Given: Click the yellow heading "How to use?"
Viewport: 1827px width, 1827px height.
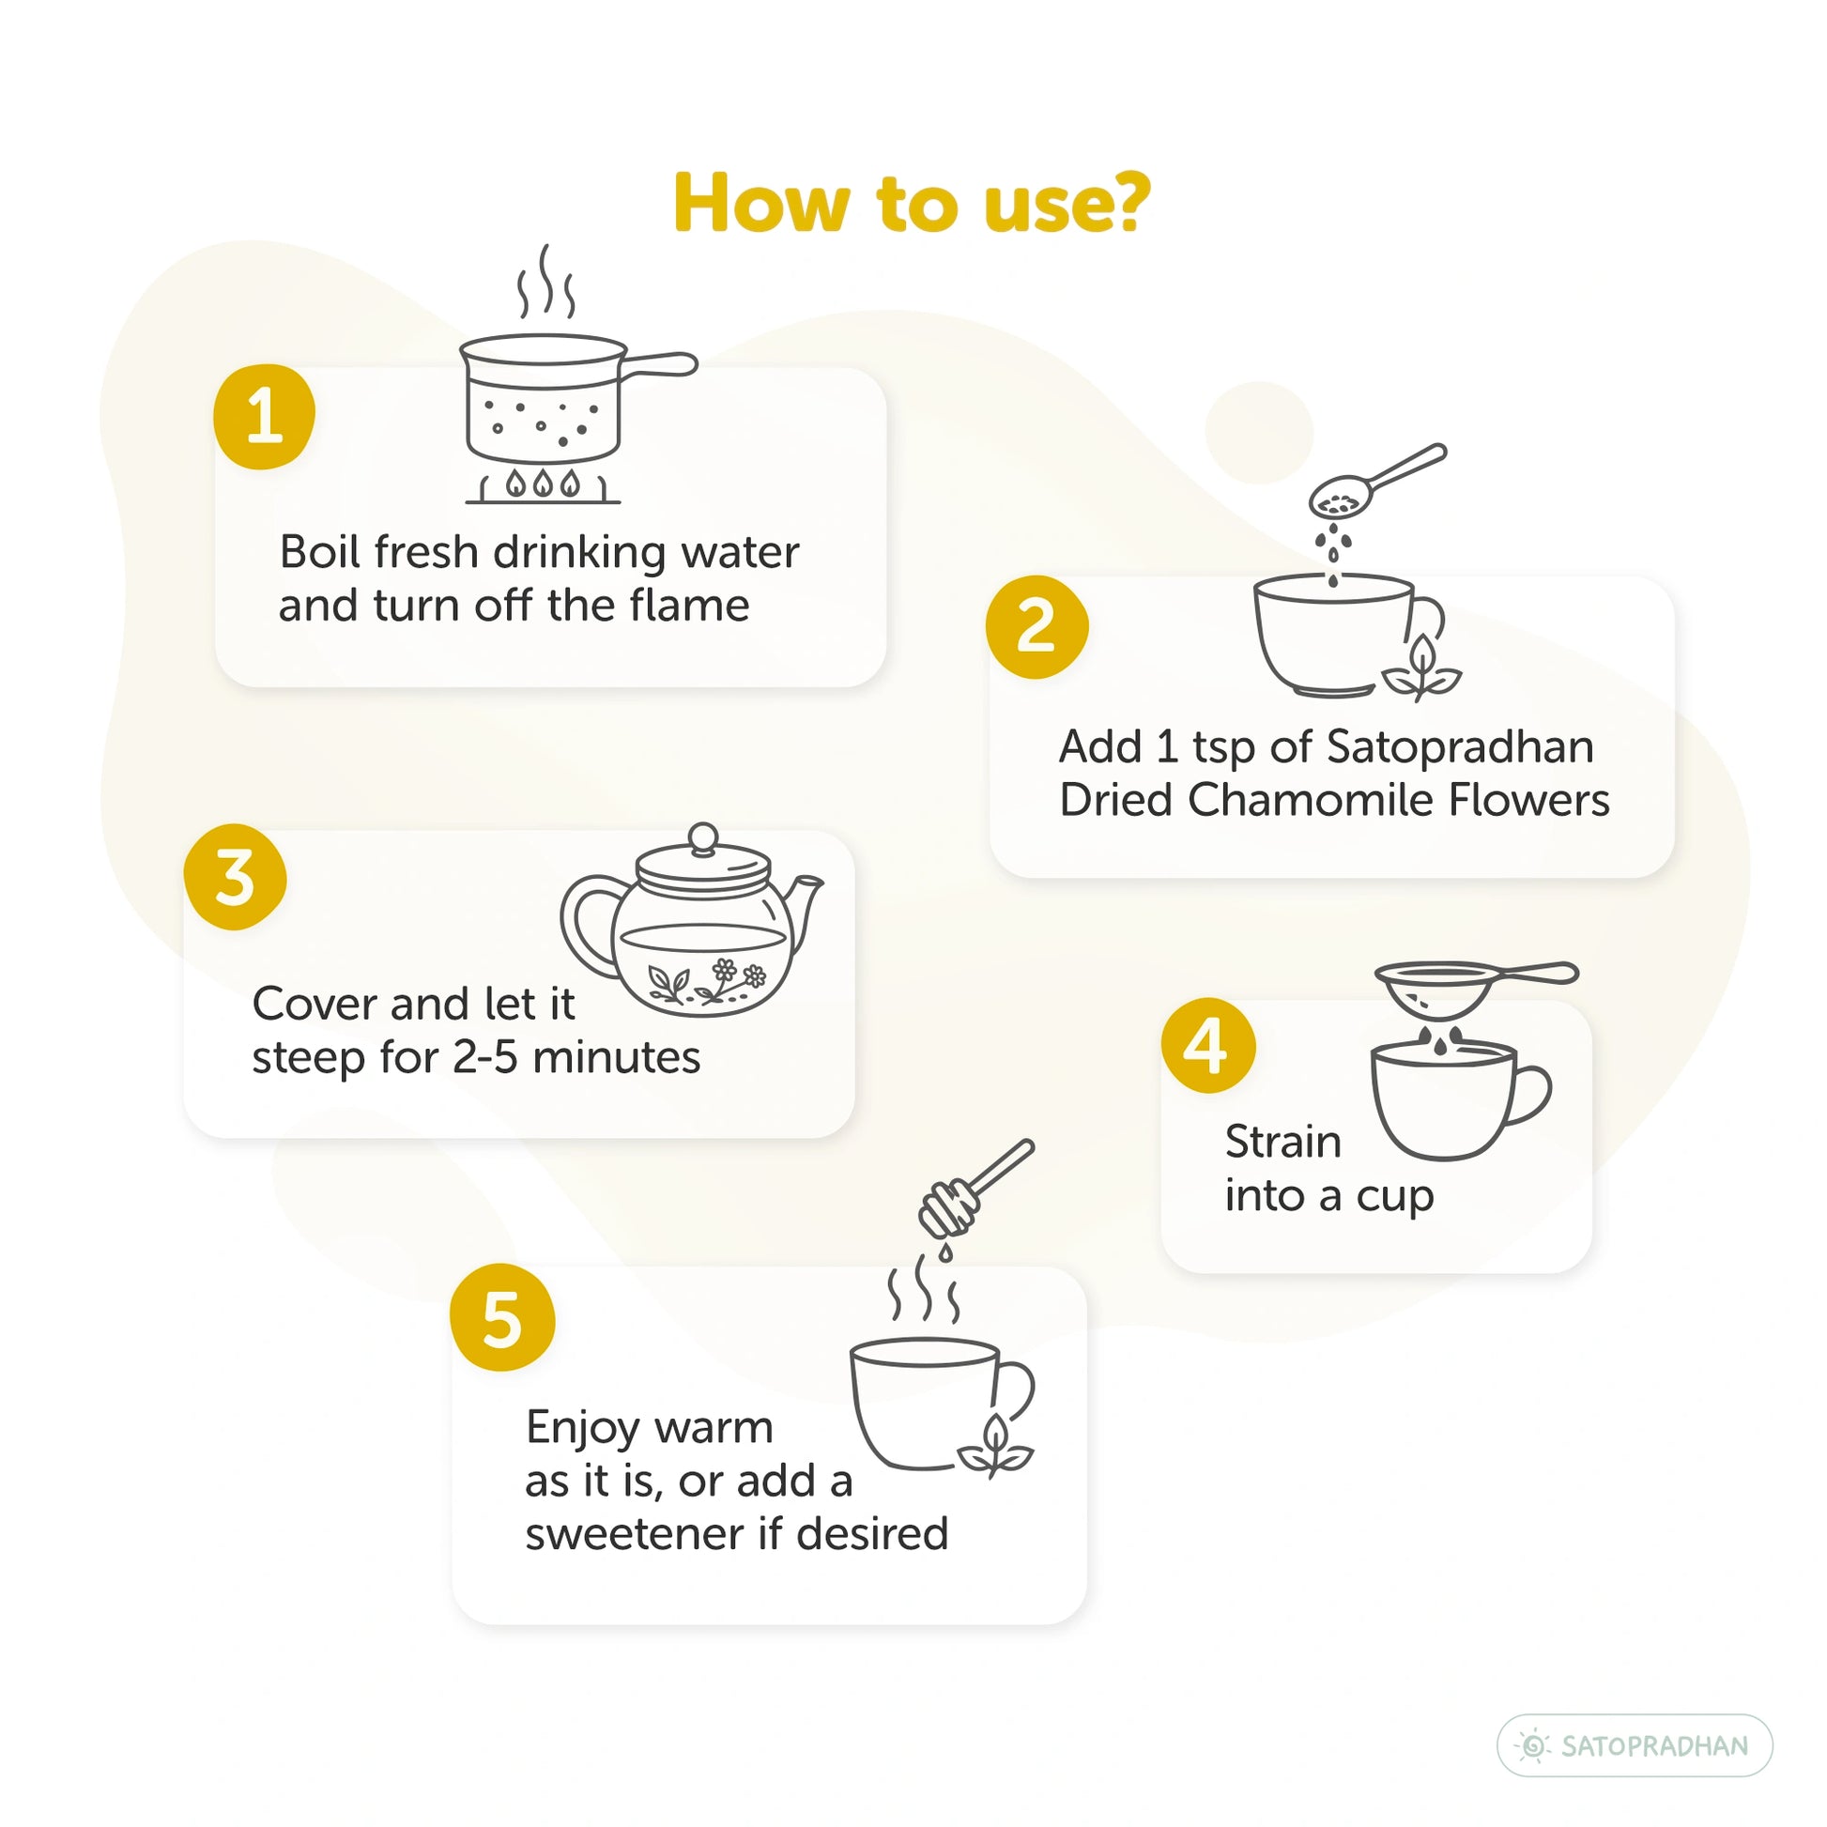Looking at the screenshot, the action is pyautogui.click(x=912, y=204).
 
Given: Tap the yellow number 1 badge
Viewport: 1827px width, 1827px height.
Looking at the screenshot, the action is pyautogui.click(x=264, y=416).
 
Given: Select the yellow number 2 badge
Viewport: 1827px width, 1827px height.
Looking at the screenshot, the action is pyautogui.click(x=1036, y=626).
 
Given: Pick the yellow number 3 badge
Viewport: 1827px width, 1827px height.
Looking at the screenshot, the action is pyautogui.click(x=236, y=878).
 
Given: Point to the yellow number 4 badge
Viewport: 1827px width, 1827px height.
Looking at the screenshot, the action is pyautogui.click(x=1208, y=1045).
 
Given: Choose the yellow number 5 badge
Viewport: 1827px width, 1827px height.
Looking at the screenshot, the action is pyautogui.click(x=502, y=1318).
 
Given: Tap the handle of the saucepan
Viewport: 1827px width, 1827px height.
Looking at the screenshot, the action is pyautogui.click(x=660, y=364).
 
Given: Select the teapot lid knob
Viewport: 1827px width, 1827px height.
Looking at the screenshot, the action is pyautogui.click(x=702, y=838).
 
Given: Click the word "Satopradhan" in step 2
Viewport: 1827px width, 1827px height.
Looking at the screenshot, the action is pyautogui.click(x=1461, y=747).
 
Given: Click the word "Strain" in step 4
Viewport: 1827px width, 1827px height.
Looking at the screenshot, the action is pyautogui.click(x=1283, y=1142).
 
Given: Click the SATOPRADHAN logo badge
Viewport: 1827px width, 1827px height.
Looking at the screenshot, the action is pyautogui.click(x=1635, y=1745).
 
